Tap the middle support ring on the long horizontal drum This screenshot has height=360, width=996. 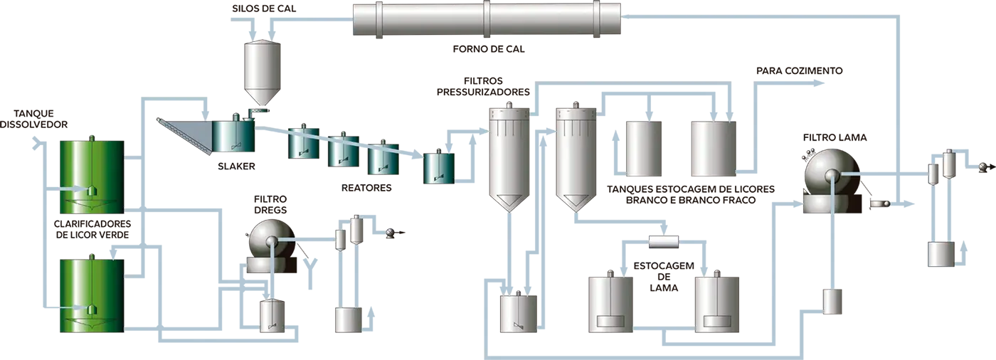tap(487, 18)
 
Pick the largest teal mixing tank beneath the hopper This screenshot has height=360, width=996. tap(233, 135)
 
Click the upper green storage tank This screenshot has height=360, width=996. tap(90, 176)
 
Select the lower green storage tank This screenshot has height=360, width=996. tap(90, 295)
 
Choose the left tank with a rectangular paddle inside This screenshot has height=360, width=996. tap(610, 305)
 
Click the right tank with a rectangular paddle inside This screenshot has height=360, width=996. tap(717, 305)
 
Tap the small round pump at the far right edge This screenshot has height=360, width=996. tap(984, 166)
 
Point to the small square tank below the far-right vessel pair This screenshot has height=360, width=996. tap(941, 253)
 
